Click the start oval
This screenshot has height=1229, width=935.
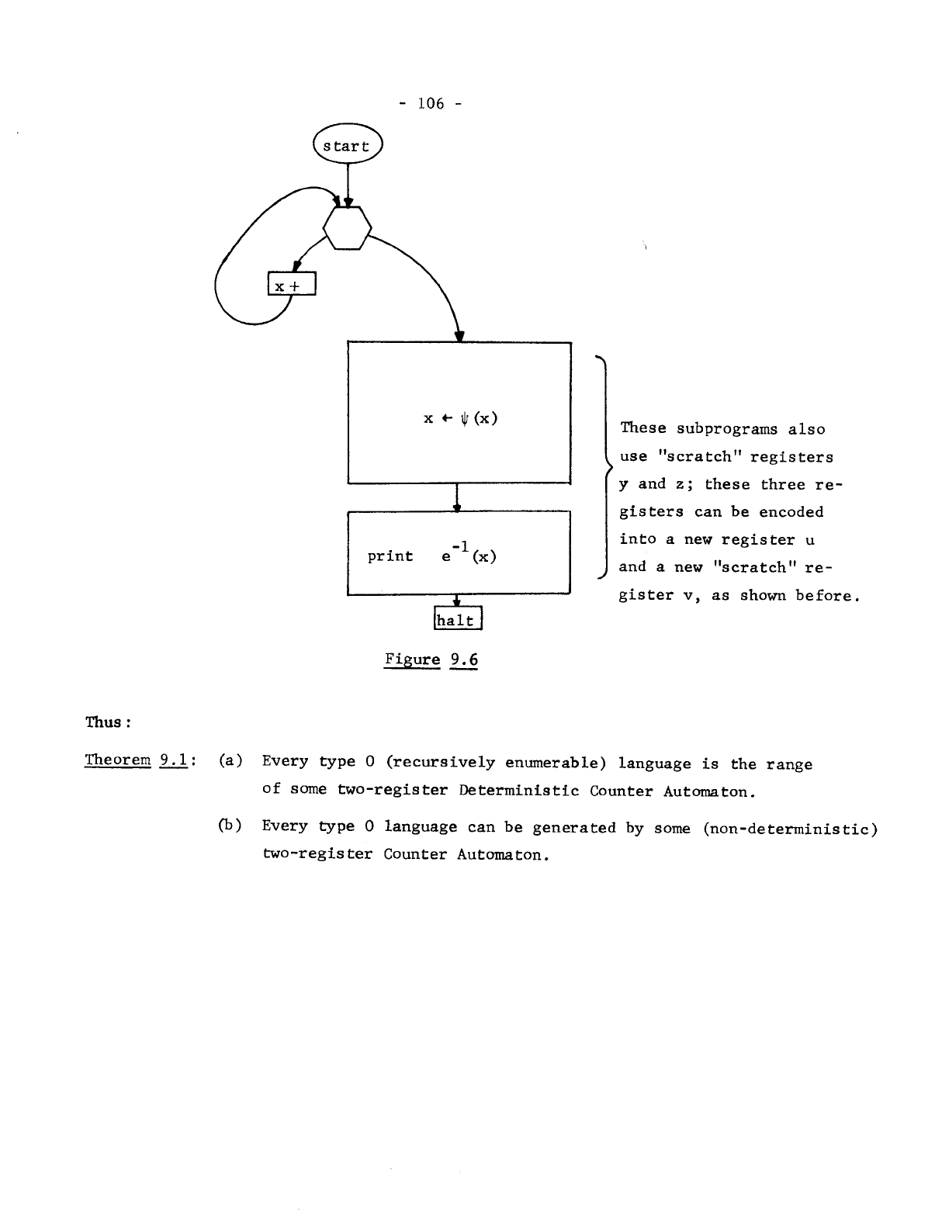[x=347, y=146]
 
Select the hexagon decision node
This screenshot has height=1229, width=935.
[x=347, y=228]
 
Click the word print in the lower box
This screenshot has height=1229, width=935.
[x=390, y=556]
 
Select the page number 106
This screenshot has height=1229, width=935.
[x=431, y=103]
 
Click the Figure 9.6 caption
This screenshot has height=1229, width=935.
[x=431, y=660]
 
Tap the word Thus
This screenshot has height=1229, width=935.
[x=104, y=722]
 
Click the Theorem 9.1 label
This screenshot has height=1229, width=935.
[x=139, y=760]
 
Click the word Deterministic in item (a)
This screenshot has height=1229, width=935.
[x=519, y=791]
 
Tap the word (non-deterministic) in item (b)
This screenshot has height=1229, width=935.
[x=790, y=828]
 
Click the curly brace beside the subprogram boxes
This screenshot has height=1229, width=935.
[x=603, y=466]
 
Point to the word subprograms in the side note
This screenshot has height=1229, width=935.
[x=727, y=429]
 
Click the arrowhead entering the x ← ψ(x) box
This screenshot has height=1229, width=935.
[x=459, y=335]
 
